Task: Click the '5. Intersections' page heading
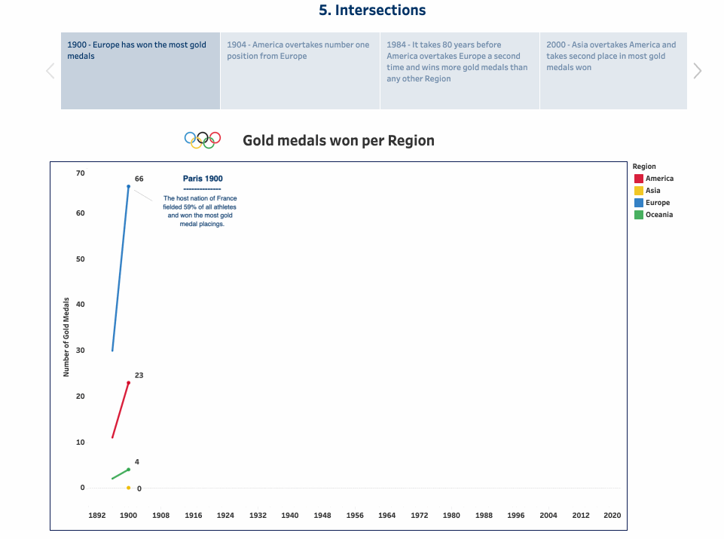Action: [372, 11]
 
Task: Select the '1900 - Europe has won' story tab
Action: [140, 71]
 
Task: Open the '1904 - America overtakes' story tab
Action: [300, 71]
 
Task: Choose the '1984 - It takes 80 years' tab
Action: [460, 71]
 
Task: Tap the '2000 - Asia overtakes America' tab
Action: [612, 71]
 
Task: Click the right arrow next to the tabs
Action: [697, 71]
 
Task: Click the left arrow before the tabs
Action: [50, 71]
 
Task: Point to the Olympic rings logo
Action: [203, 140]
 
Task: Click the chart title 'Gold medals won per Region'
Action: [338, 141]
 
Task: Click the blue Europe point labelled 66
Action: [128, 186]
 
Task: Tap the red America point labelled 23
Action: [128, 383]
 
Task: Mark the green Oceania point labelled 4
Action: [128, 470]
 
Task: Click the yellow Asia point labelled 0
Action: [128, 488]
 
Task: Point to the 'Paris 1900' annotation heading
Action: [203, 179]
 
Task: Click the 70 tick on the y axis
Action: [81, 173]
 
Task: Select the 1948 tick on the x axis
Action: [322, 516]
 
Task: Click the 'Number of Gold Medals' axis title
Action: [66, 337]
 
